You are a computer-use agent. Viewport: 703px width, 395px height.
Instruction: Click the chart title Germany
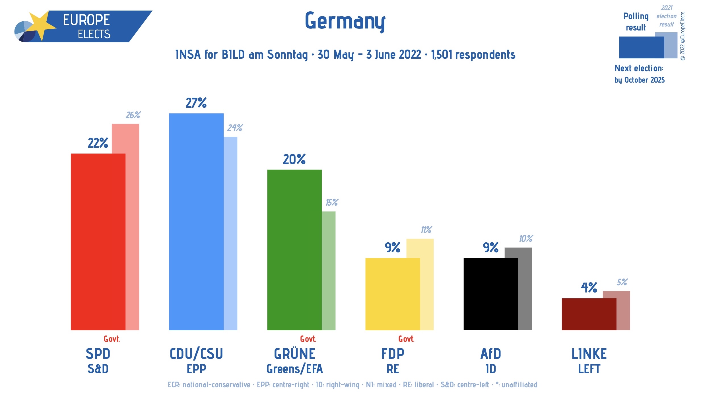click(345, 21)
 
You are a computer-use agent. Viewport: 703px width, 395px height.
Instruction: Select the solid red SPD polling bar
click(98, 242)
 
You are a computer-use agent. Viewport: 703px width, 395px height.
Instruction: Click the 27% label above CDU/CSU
click(196, 103)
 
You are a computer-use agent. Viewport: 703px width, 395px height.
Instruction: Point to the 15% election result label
click(332, 202)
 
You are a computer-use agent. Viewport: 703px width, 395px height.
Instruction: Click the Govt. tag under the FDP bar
click(406, 339)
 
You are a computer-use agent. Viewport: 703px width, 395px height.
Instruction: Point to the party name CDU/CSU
click(196, 354)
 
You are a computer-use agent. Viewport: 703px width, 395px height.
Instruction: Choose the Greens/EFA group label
click(294, 369)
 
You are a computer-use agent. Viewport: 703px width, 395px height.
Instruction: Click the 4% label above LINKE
click(589, 288)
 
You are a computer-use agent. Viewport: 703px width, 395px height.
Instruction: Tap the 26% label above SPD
click(133, 115)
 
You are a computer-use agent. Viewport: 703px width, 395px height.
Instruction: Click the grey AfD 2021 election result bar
click(525, 289)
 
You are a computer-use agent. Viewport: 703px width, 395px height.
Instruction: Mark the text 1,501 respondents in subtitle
click(473, 55)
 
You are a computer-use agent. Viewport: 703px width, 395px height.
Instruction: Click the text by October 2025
click(639, 80)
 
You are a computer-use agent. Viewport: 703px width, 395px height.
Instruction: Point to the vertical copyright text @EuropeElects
click(683, 36)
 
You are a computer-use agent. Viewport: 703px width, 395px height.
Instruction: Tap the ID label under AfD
click(490, 369)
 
